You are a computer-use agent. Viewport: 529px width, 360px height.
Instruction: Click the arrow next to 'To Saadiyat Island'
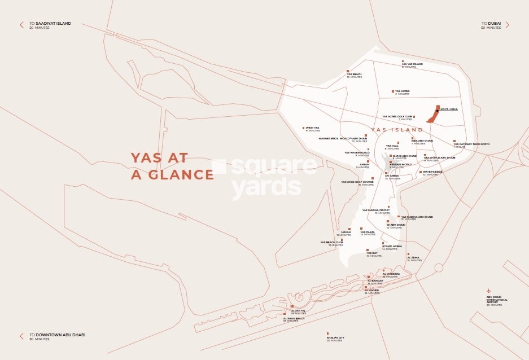coord(22,25)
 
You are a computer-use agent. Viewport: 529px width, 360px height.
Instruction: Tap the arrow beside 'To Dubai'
coord(507,25)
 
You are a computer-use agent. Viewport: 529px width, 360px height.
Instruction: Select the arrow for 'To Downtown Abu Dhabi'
coord(22,336)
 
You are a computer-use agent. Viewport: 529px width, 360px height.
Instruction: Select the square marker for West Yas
coord(304,128)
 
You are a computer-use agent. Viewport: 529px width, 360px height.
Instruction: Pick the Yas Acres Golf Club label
coord(397,117)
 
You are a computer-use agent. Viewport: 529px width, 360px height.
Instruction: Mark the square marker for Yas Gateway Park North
coord(454,142)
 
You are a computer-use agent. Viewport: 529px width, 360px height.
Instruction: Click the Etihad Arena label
coord(392,247)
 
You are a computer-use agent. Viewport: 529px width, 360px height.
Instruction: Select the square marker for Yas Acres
coord(392,91)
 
